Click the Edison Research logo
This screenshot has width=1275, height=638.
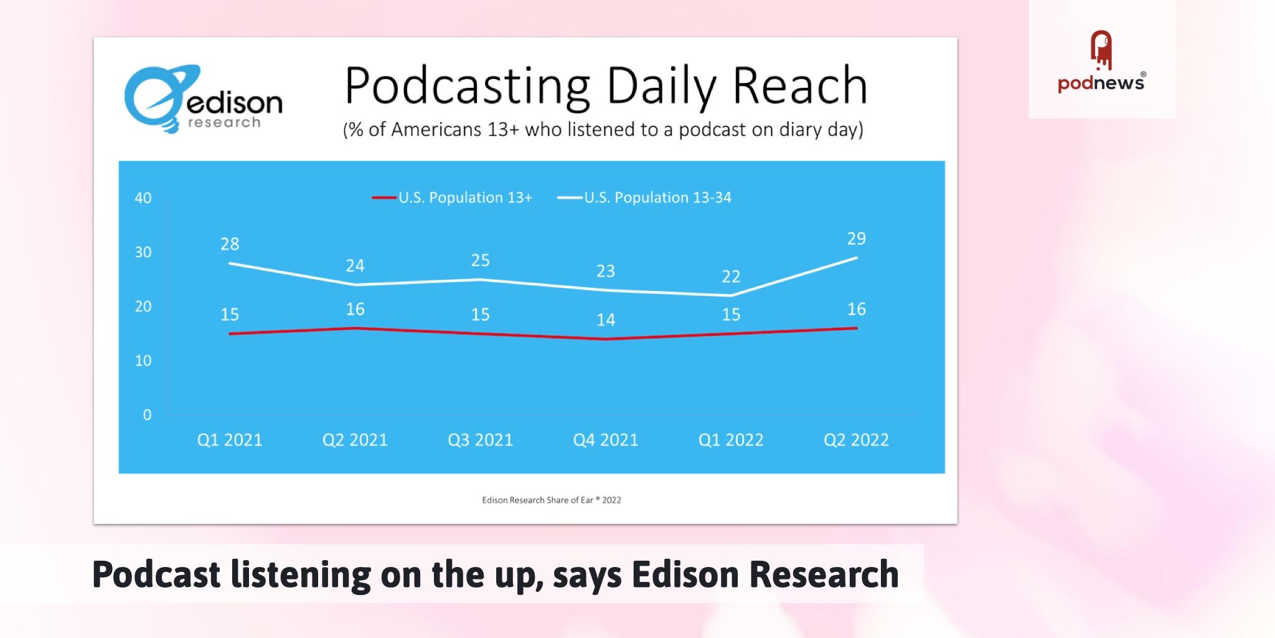pos(203,98)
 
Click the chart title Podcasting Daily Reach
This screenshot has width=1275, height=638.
pos(606,85)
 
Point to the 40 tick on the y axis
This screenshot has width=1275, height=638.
pos(143,198)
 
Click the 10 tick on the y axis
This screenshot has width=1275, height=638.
pos(143,361)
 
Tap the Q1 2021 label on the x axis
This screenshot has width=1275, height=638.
pos(230,440)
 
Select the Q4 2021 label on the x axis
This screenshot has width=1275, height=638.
pos(606,440)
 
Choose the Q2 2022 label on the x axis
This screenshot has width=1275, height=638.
pos(856,440)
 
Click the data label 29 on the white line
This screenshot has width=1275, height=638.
pos(857,239)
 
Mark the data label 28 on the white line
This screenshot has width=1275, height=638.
pos(230,244)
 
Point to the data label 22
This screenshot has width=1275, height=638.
pos(731,277)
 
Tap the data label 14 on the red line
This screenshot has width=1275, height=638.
pos(606,320)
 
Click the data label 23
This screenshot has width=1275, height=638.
pos(606,271)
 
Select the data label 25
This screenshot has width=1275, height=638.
pos(480,260)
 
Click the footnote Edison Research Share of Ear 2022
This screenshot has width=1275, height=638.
pos(551,500)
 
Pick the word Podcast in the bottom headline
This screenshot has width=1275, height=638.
pos(156,574)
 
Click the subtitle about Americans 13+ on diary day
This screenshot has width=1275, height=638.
pos(603,130)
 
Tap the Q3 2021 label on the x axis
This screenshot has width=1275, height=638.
pos(480,440)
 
